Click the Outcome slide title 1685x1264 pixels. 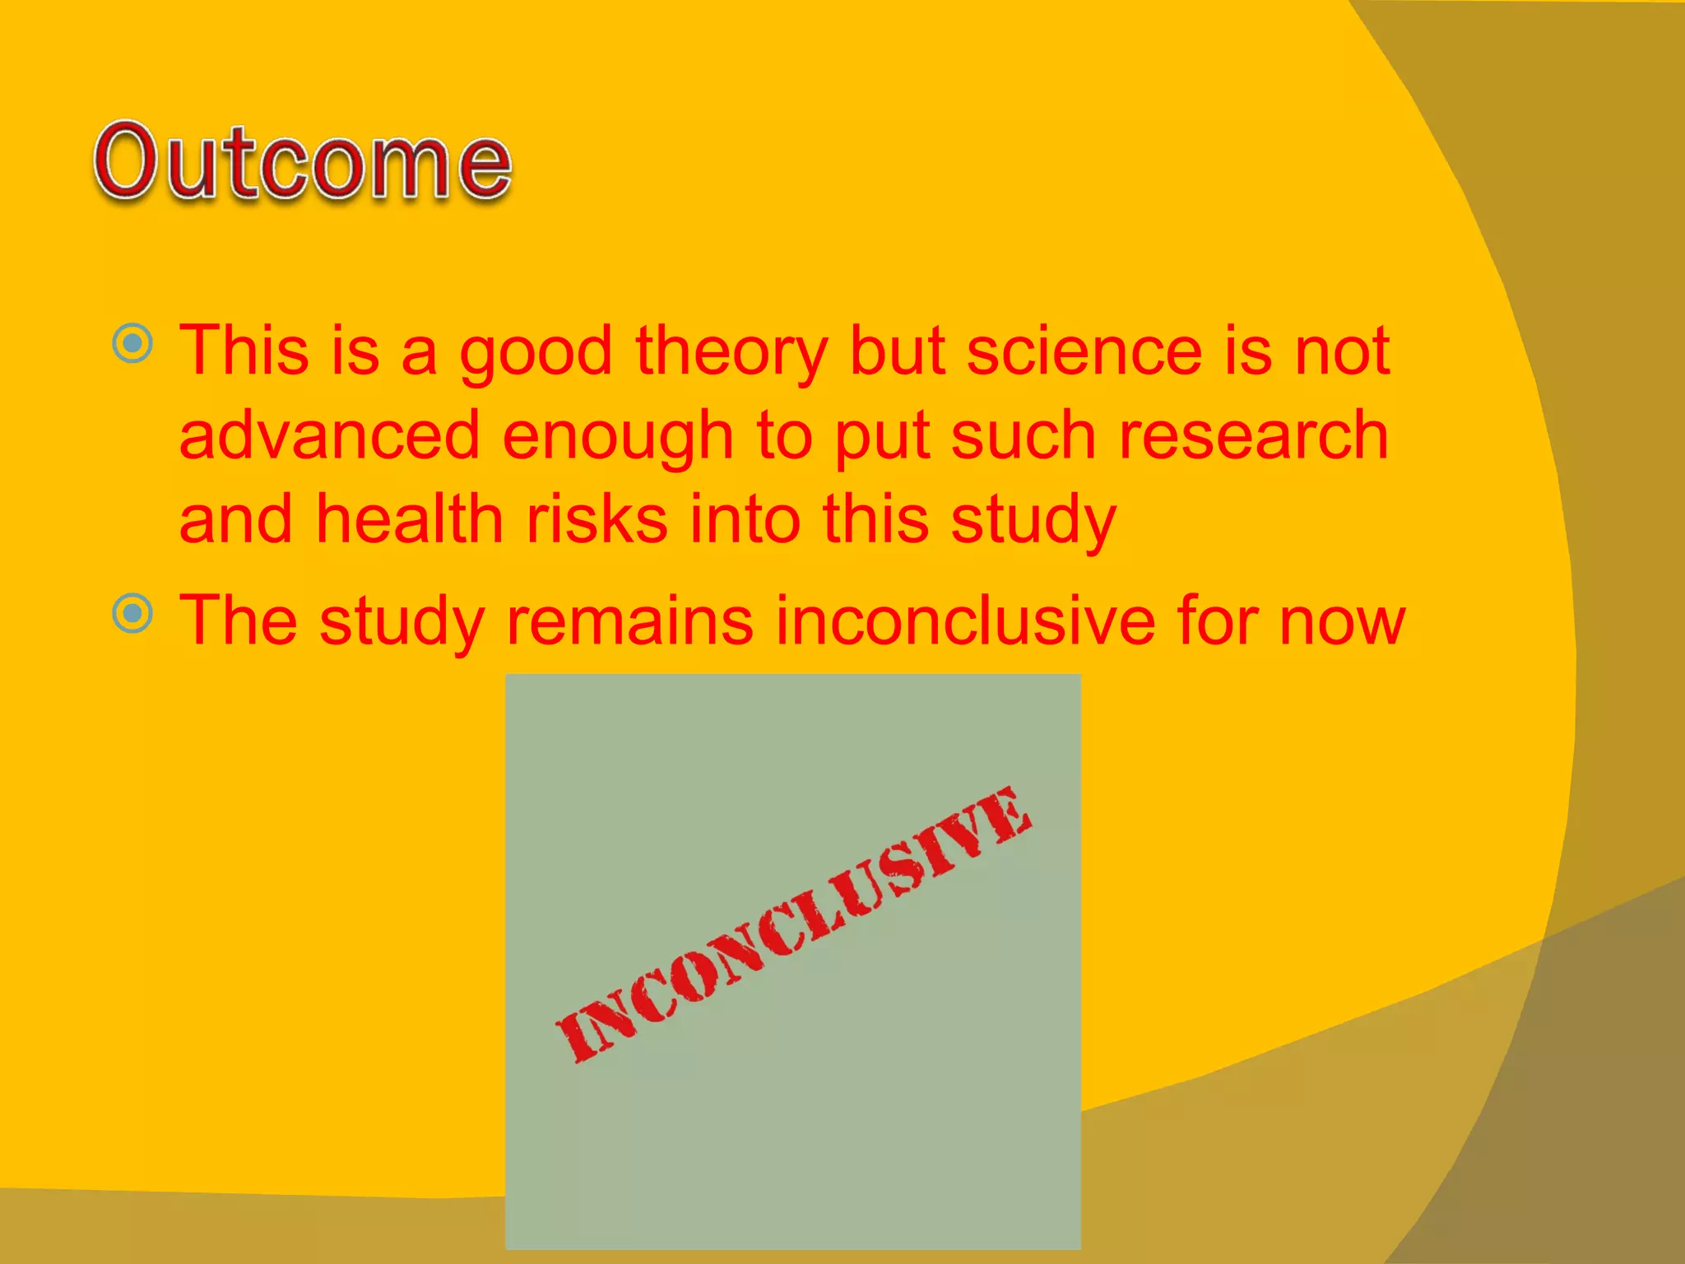tap(303, 162)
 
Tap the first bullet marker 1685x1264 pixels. tap(132, 343)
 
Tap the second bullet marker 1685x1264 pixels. tap(132, 614)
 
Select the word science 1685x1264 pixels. tap(1084, 351)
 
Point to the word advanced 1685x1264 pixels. tap(329, 435)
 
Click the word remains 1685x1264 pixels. tap(629, 620)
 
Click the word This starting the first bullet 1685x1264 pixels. tap(244, 351)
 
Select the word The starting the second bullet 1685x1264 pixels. tap(238, 620)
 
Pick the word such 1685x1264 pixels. tap(1024, 435)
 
